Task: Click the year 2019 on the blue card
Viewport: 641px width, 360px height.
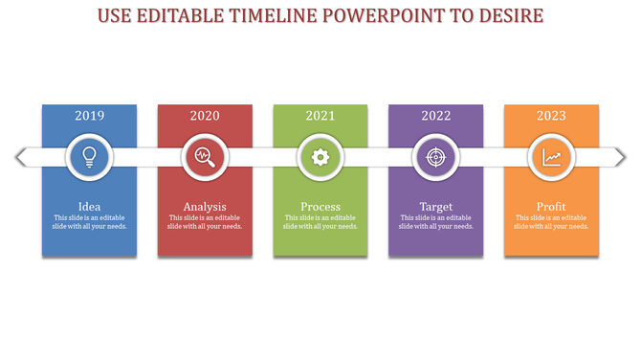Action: click(x=89, y=116)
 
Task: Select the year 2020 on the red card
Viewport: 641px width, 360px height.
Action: click(x=205, y=116)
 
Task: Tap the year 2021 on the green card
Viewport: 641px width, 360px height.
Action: click(x=320, y=116)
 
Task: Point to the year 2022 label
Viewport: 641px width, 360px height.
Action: click(x=435, y=116)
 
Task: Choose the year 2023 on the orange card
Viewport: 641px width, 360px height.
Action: click(x=551, y=116)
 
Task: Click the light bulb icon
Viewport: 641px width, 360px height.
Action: click(x=89, y=157)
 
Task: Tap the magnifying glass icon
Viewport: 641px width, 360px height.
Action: click(x=205, y=157)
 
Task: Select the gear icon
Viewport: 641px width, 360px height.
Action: click(x=320, y=157)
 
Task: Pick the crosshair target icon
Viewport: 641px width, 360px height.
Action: click(x=435, y=157)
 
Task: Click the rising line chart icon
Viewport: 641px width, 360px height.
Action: click(x=551, y=157)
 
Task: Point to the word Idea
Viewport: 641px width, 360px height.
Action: click(x=89, y=207)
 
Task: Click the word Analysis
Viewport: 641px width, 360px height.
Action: click(x=205, y=207)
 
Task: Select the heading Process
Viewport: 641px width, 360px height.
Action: click(x=320, y=207)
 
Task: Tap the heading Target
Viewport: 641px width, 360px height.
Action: click(x=436, y=207)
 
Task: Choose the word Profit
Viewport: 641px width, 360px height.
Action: click(x=551, y=207)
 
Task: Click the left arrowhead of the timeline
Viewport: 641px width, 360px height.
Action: click(x=20, y=157)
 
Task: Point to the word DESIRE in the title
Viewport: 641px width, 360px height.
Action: click(x=507, y=16)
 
